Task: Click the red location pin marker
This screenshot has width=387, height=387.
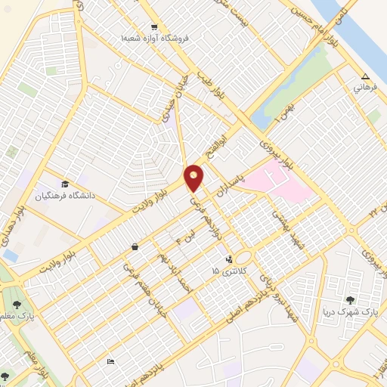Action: pos(194,178)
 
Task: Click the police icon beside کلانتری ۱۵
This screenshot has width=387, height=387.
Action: pos(230,259)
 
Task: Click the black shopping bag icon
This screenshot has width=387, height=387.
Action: pos(135,246)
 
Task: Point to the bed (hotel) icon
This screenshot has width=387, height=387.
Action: pos(111,361)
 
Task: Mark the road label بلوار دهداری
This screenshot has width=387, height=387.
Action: pos(11,236)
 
